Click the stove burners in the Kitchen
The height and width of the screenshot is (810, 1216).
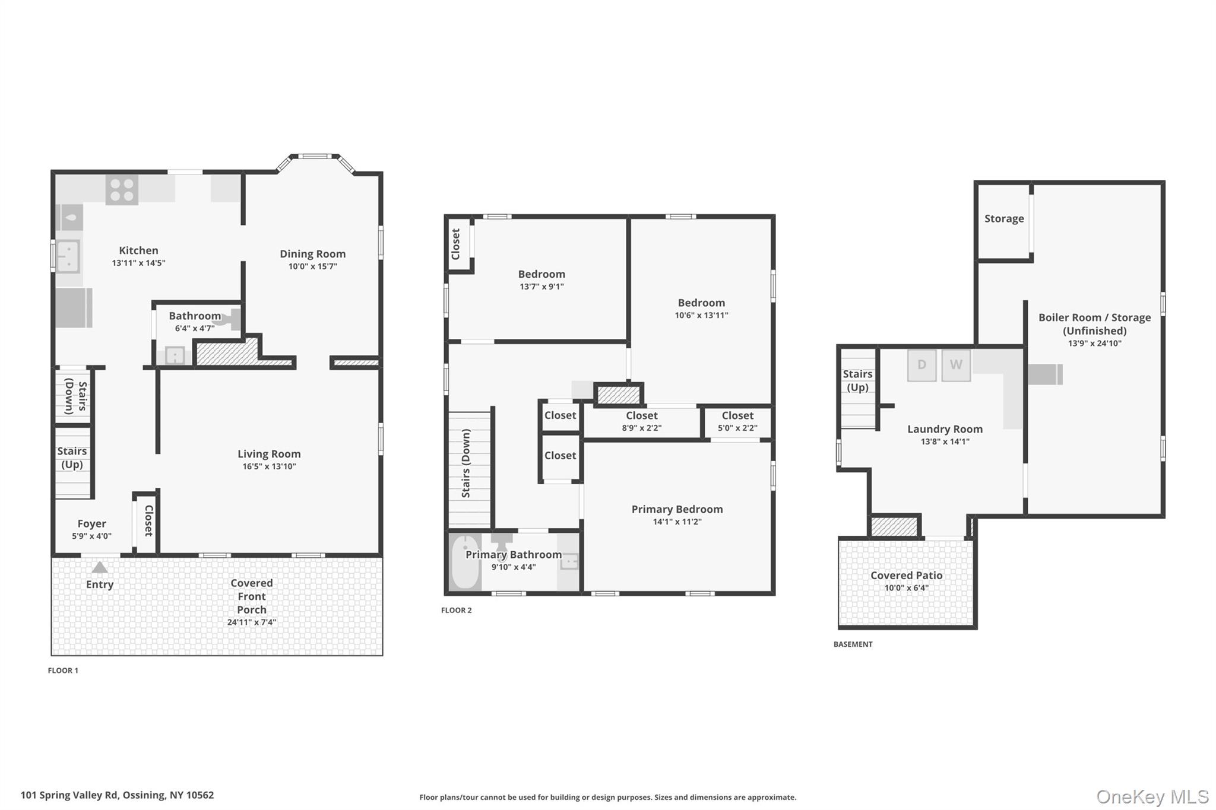pyautogui.click(x=122, y=189)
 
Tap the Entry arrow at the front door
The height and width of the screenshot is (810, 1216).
pyautogui.click(x=100, y=568)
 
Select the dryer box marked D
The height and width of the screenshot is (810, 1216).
pyautogui.click(x=921, y=365)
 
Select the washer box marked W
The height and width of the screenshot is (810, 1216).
pyautogui.click(x=955, y=365)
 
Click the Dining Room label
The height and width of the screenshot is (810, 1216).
pyautogui.click(x=312, y=254)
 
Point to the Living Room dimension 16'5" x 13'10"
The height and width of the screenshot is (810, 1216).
pyautogui.click(x=269, y=466)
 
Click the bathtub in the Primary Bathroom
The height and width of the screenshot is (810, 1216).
pyautogui.click(x=465, y=563)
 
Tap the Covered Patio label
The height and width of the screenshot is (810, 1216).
pyautogui.click(x=906, y=576)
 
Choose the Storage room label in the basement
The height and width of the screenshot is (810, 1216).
pyautogui.click(x=1003, y=218)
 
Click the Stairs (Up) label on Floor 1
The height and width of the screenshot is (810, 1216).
pyautogui.click(x=72, y=458)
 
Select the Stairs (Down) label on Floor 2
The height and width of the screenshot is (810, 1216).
pyautogui.click(x=466, y=463)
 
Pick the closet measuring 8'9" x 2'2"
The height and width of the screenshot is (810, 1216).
pyautogui.click(x=641, y=421)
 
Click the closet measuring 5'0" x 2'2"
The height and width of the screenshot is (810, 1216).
pyautogui.click(x=737, y=421)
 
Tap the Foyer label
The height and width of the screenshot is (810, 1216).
pyautogui.click(x=91, y=524)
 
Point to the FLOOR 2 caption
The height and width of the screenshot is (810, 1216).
pyautogui.click(x=456, y=610)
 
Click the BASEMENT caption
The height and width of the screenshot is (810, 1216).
pyautogui.click(x=853, y=644)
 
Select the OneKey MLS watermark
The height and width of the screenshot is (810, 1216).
pyautogui.click(x=1152, y=796)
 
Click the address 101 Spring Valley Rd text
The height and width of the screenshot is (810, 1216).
pyautogui.click(x=117, y=795)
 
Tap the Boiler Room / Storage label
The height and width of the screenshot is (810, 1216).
pyautogui.click(x=1094, y=324)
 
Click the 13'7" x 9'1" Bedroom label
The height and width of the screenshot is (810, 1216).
pyautogui.click(x=541, y=279)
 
